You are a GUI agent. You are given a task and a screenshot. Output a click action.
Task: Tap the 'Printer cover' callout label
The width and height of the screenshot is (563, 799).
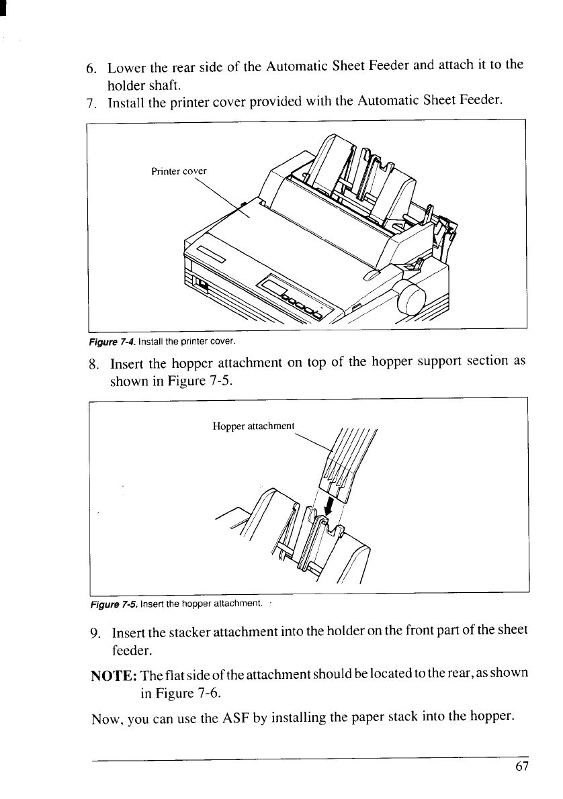(180, 171)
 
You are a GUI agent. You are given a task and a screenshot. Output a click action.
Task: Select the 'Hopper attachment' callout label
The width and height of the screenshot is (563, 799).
(253, 426)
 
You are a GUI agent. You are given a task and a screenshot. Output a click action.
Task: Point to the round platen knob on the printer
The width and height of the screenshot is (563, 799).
(410, 299)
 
